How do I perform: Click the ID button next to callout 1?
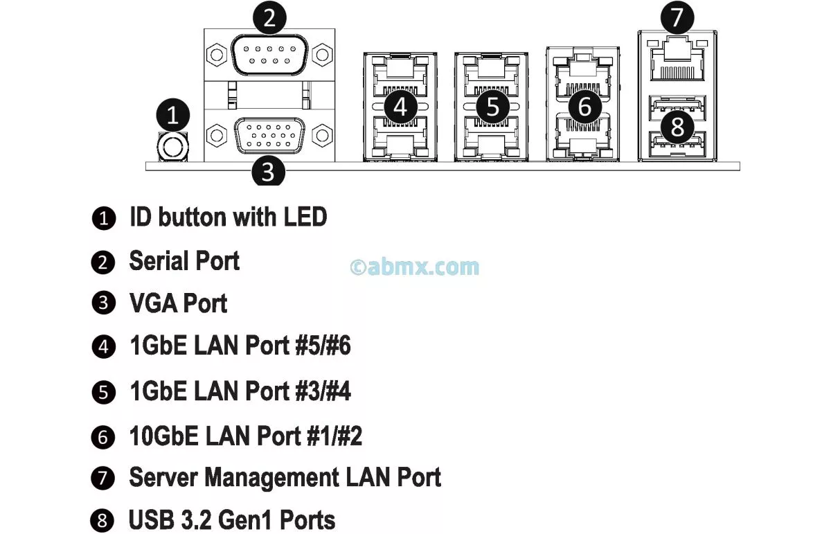[x=172, y=146]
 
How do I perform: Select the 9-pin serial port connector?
[x=270, y=55]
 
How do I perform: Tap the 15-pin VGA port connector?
[x=270, y=135]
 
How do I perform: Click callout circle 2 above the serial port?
[x=270, y=17]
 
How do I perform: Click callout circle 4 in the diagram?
[x=400, y=107]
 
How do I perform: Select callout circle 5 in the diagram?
[x=492, y=107]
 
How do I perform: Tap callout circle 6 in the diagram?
[x=584, y=107]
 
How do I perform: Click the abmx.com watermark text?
[x=415, y=266]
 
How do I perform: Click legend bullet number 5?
[x=104, y=393]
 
